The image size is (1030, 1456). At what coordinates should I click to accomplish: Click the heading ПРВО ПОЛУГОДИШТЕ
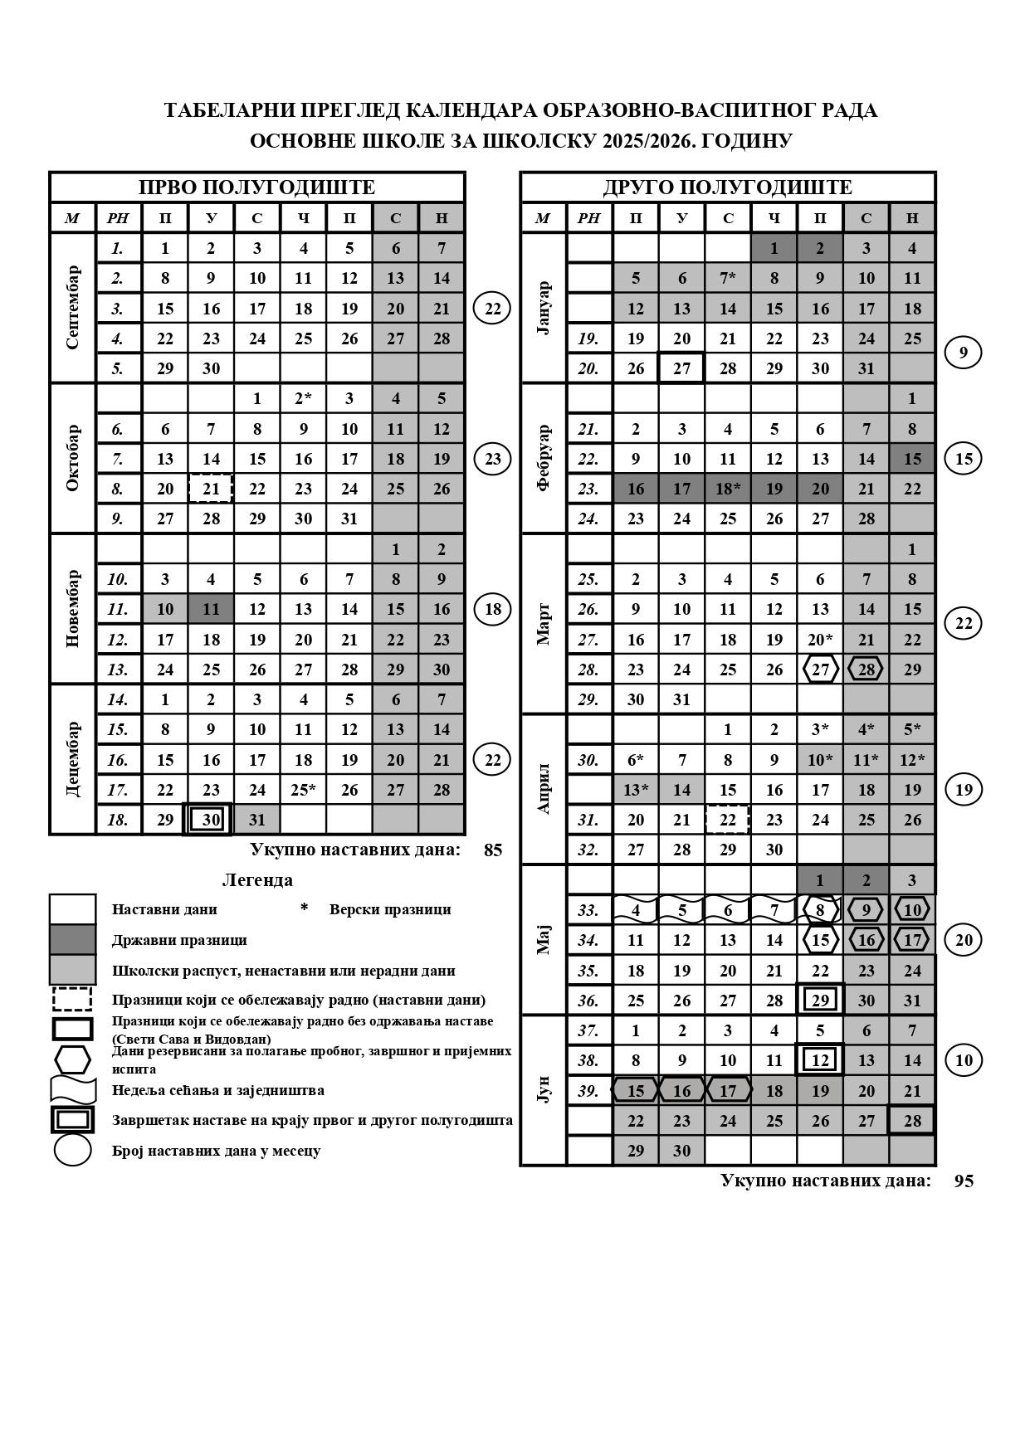pyautogui.click(x=256, y=187)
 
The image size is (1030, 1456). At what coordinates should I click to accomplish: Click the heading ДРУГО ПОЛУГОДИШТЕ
pyautogui.click(x=727, y=187)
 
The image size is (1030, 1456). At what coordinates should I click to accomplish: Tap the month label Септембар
pyautogui.click(x=72, y=308)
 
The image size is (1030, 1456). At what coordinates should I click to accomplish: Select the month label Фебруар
pyautogui.click(x=544, y=458)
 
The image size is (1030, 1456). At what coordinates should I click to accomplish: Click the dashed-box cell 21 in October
pyautogui.click(x=211, y=489)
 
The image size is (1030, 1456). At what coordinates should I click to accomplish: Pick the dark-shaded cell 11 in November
pyautogui.click(x=211, y=609)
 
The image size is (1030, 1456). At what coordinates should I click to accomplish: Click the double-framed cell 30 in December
pyautogui.click(x=211, y=820)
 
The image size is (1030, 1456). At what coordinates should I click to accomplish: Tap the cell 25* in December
pyautogui.click(x=304, y=790)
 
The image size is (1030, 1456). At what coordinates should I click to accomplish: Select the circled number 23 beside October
pyautogui.click(x=493, y=459)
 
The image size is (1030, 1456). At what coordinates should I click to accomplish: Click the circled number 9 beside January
pyautogui.click(x=964, y=353)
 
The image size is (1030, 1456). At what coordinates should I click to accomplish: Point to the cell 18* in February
pyautogui.click(x=728, y=489)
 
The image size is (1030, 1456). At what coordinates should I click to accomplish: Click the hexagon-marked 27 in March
pyautogui.click(x=820, y=670)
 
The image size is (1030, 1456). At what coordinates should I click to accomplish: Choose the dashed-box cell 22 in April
pyautogui.click(x=728, y=820)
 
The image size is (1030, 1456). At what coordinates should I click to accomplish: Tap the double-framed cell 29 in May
pyautogui.click(x=820, y=1000)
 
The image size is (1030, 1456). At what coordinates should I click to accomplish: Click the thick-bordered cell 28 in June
pyautogui.click(x=912, y=1121)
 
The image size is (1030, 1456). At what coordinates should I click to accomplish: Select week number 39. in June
pyautogui.click(x=588, y=1091)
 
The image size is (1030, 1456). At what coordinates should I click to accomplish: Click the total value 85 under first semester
pyautogui.click(x=493, y=850)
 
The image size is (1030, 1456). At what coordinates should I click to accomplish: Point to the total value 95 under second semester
pyautogui.click(x=964, y=1181)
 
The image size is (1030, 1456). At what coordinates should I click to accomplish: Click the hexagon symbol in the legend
pyautogui.click(x=72, y=1059)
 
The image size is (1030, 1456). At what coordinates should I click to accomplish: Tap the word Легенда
pyautogui.click(x=257, y=880)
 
